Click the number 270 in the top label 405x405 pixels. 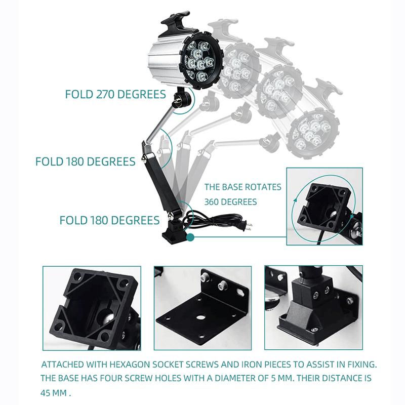pos(105,94)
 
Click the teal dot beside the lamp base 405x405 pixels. pos(190,237)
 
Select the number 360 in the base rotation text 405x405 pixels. pos(212,201)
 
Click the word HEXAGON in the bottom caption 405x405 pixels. pos(130,364)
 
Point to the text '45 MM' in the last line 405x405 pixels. pos(54,393)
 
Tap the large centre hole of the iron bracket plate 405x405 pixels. pos(200,317)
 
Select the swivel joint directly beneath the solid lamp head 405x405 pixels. pos(182,99)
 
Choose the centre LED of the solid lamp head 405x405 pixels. pos(197,54)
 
